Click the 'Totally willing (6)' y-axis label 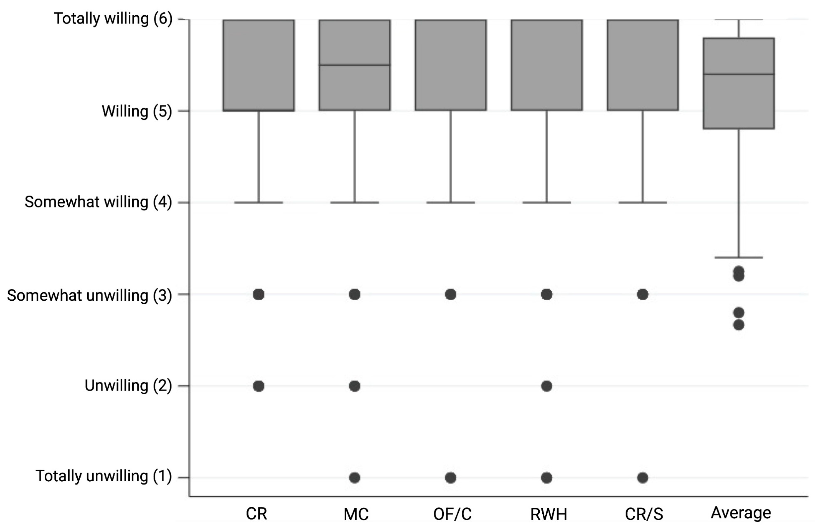[113, 19]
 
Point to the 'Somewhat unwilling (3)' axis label [89, 295]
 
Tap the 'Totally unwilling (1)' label [103, 476]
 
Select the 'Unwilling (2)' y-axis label [128, 386]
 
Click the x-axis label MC [356, 514]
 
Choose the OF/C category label [452, 514]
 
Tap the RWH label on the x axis [549, 514]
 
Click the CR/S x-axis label [644, 514]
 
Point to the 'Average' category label [741, 513]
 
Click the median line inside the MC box [355, 65]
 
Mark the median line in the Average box [739, 74]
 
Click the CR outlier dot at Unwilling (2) [258, 386]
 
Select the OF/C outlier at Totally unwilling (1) [451, 478]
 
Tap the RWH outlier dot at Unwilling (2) [547, 386]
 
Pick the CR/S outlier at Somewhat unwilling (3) [643, 294]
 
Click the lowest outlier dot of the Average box [739, 325]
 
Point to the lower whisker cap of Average [739, 257]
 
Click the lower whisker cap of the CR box [258, 202]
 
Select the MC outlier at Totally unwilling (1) [355, 478]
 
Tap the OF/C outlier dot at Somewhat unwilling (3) [451, 294]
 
